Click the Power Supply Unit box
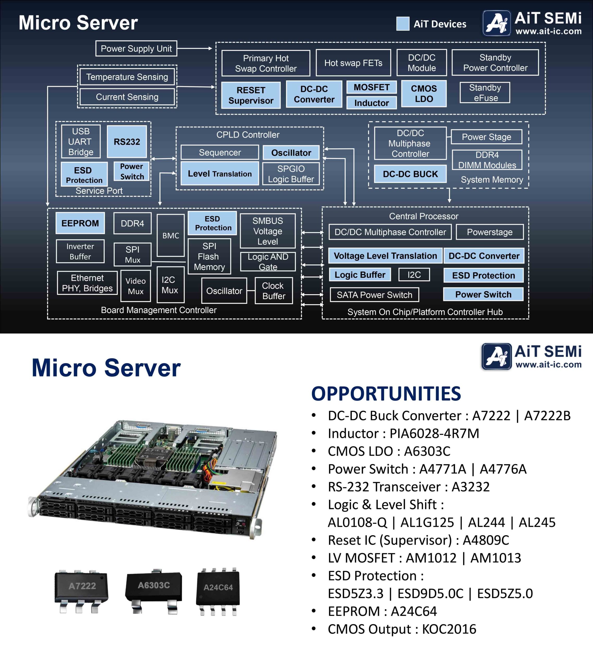(136, 49)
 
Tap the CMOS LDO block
(424, 94)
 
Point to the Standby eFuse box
(485, 93)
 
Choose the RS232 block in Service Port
(127, 142)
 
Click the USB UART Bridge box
(81, 142)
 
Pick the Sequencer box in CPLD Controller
(220, 152)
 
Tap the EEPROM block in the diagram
(80, 223)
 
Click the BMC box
(170, 236)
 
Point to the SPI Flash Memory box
(209, 256)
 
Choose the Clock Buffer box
(274, 291)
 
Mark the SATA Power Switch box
(374, 295)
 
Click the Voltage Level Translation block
(385, 256)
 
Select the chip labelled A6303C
(153, 590)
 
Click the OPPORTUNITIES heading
(386, 393)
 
